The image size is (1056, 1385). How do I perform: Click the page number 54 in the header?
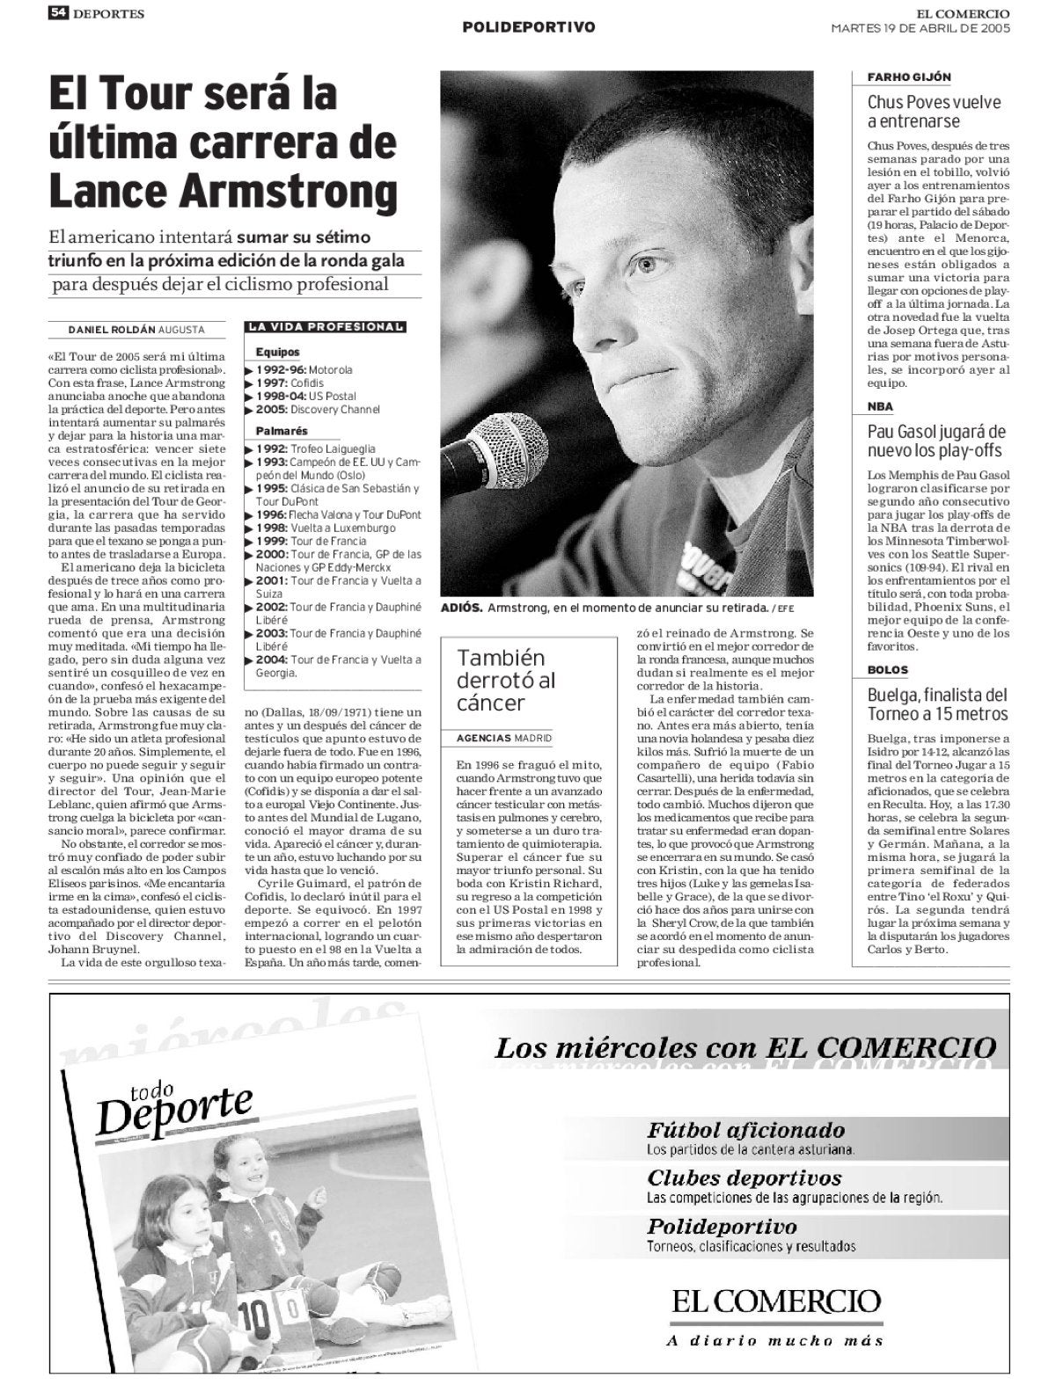tap(59, 13)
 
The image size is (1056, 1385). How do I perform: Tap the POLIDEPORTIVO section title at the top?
tap(529, 27)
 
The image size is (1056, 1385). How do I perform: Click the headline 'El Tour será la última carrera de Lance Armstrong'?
tap(223, 142)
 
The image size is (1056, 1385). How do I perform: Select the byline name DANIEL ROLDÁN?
tap(112, 330)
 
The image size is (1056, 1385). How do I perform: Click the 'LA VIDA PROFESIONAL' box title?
tap(326, 327)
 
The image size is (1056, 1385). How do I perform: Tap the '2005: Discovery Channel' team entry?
tap(317, 410)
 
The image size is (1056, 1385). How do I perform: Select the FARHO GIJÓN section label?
tap(897, 77)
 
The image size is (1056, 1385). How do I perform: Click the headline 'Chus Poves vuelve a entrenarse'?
tap(934, 112)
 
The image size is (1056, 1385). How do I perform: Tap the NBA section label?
tap(880, 407)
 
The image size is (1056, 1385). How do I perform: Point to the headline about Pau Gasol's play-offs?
tap(935, 441)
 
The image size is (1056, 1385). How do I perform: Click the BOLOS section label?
tap(887, 670)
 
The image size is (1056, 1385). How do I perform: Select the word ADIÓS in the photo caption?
tap(461, 609)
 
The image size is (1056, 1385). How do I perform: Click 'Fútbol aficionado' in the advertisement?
tap(745, 1130)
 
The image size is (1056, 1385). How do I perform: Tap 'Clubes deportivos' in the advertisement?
tap(744, 1178)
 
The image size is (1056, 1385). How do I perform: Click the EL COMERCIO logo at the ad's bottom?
tap(777, 1302)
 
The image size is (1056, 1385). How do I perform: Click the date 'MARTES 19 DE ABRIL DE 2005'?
tap(920, 27)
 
